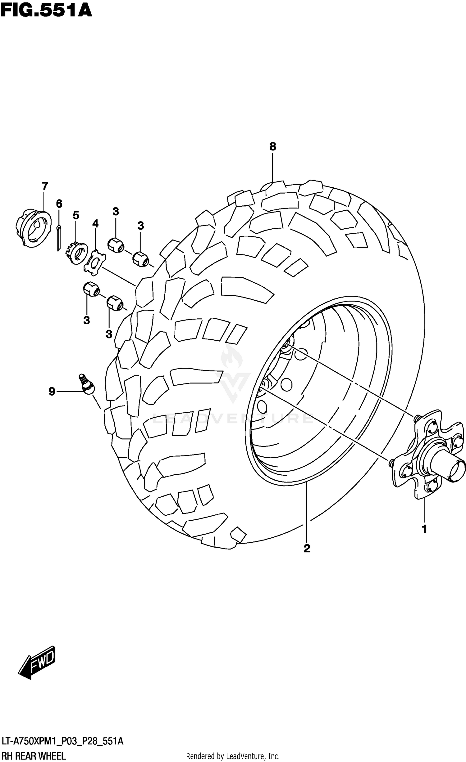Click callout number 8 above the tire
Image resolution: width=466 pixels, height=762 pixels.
point(272,146)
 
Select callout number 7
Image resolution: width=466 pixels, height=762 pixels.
point(45,186)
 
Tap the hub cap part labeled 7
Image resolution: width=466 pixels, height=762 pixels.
point(33,228)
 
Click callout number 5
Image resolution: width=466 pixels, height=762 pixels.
point(76,215)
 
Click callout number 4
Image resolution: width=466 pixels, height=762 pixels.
point(95,223)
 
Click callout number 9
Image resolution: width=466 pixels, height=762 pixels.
point(52,392)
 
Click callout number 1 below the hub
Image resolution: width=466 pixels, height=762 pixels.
point(424,529)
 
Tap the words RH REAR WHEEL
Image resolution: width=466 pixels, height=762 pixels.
point(33,756)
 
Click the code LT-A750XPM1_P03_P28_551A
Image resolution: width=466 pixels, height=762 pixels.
point(62,742)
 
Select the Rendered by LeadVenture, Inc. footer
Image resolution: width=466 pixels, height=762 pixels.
point(233,756)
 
